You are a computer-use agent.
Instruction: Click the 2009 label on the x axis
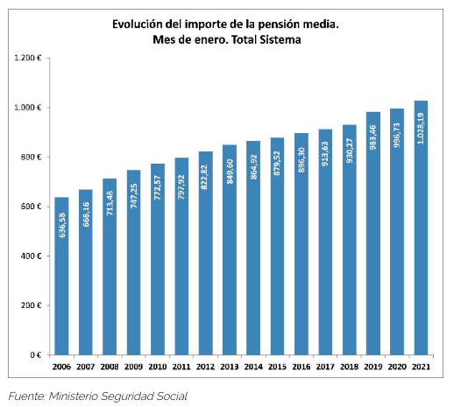pos(133,368)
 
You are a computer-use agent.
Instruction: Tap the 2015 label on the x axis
pos(277,368)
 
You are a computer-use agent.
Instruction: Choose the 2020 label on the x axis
pos(397,368)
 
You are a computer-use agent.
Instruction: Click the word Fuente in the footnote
pos(28,396)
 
